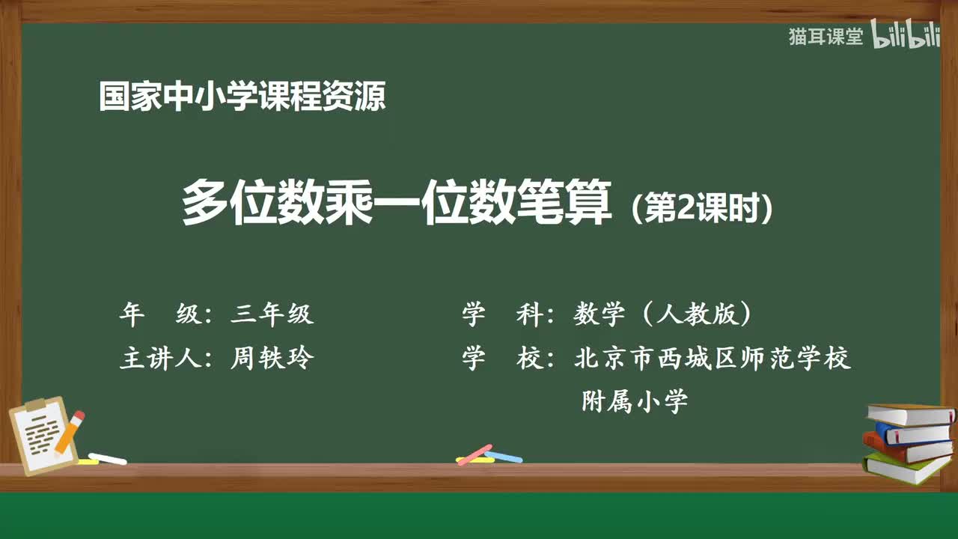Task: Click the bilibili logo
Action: tap(906, 36)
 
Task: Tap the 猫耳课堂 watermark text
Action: tap(826, 37)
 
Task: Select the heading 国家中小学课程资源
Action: tap(242, 97)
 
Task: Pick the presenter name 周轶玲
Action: tap(272, 359)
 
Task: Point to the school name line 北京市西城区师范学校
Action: tap(713, 359)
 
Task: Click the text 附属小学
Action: tap(635, 402)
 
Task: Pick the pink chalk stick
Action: tap(475, 454)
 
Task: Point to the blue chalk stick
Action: tap(504, 456)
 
